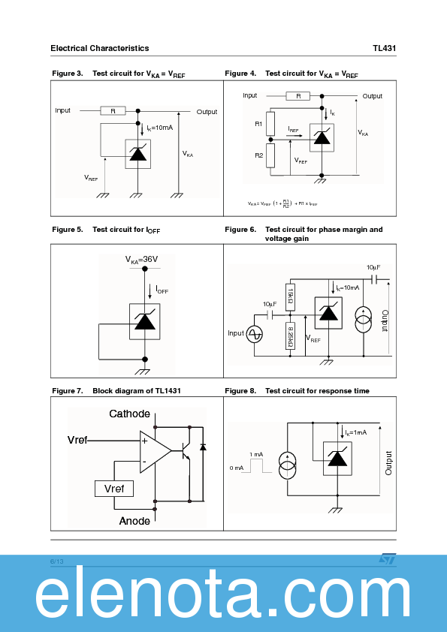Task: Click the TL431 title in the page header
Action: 384,48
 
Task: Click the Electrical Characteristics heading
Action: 99,48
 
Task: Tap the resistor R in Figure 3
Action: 113,110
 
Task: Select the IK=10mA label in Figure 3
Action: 159,128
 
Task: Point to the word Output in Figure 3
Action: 207,112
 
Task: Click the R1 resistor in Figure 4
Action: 270,124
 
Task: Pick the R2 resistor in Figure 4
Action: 270,155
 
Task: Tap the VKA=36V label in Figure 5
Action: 141,260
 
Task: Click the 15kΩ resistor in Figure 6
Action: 291,293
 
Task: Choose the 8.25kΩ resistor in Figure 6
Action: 291,336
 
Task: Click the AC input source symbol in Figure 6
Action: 255,333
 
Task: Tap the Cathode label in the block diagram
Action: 129,414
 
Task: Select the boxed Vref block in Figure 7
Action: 113,489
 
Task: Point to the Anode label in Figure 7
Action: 134,521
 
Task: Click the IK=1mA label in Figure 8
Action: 355,432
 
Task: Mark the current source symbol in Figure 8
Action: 287,465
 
